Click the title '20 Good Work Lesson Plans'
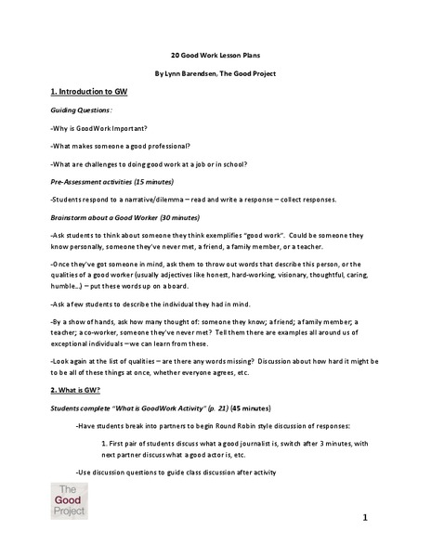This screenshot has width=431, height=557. coord(215,54)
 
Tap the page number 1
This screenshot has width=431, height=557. coord(367,516)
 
